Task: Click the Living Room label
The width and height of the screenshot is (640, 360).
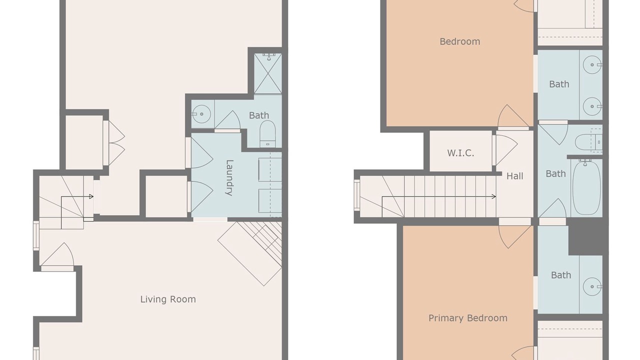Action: (x=168, y=299)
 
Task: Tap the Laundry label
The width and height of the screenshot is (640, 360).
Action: (x=229, y=177)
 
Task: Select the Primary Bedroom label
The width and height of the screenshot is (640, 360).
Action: (x=467, y=318)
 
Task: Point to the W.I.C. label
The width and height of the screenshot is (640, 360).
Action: (x=460, y=153)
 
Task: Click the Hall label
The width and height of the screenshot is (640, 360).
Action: (x=515, y=176)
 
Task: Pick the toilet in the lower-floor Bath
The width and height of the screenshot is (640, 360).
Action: (x=267, y=133)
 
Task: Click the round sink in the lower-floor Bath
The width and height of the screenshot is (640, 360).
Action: (x=201, y=114)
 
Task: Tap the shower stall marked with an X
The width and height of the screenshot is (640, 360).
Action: (x=268, y=73)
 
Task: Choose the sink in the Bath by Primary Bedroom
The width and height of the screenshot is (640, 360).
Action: (x=592, y=286)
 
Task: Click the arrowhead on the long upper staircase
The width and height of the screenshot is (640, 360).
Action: (x=493, y=196)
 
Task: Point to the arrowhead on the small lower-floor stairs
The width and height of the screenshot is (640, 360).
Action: (x=91, y=196)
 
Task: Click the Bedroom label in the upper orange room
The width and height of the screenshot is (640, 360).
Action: (x=459, y=41)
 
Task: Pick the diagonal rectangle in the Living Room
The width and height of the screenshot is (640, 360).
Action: (x=249, y=253)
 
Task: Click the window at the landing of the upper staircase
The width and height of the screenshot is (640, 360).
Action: (x=357, y=195)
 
